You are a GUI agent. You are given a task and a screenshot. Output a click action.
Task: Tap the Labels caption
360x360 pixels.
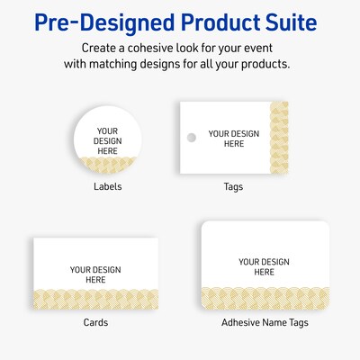pyautogui.click(x=107, y=187)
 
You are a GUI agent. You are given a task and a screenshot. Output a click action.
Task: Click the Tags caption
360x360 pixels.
pyautogui.click(x=233, y=187)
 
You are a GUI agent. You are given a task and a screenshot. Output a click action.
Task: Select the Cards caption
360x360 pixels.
pyautogui.click(x=95, y=322)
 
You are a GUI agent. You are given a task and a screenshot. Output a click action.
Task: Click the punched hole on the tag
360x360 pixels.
pyautogui.click(x=191, y=139)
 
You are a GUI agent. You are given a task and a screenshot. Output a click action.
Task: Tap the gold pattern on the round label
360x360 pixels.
pyautogui.click(x=107, y=164)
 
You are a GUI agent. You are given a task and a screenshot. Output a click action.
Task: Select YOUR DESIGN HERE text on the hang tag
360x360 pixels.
pyautogui.click(x=233, y=139)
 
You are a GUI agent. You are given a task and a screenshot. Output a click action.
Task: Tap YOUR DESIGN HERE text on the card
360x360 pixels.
pyautogui.click(x=95, y=274)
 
